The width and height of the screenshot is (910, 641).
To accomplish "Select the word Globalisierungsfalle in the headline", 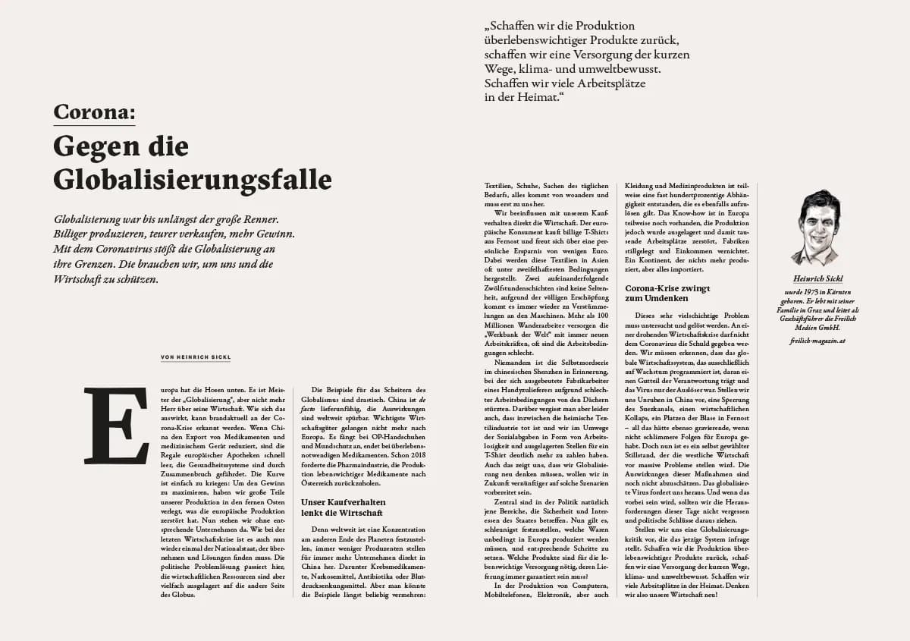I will pos(193,179).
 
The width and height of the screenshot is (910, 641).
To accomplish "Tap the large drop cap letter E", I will pos(116,425).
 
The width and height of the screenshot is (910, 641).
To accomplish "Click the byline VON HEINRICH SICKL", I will pos(195,357).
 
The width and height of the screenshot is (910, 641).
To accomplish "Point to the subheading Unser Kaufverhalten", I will pos(344,502).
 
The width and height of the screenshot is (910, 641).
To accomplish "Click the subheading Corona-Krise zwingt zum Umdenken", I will pos(667,293).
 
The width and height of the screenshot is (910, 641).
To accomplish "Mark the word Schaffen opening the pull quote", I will pos(513,26).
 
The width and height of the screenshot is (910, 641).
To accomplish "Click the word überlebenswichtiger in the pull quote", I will pos(538,40).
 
